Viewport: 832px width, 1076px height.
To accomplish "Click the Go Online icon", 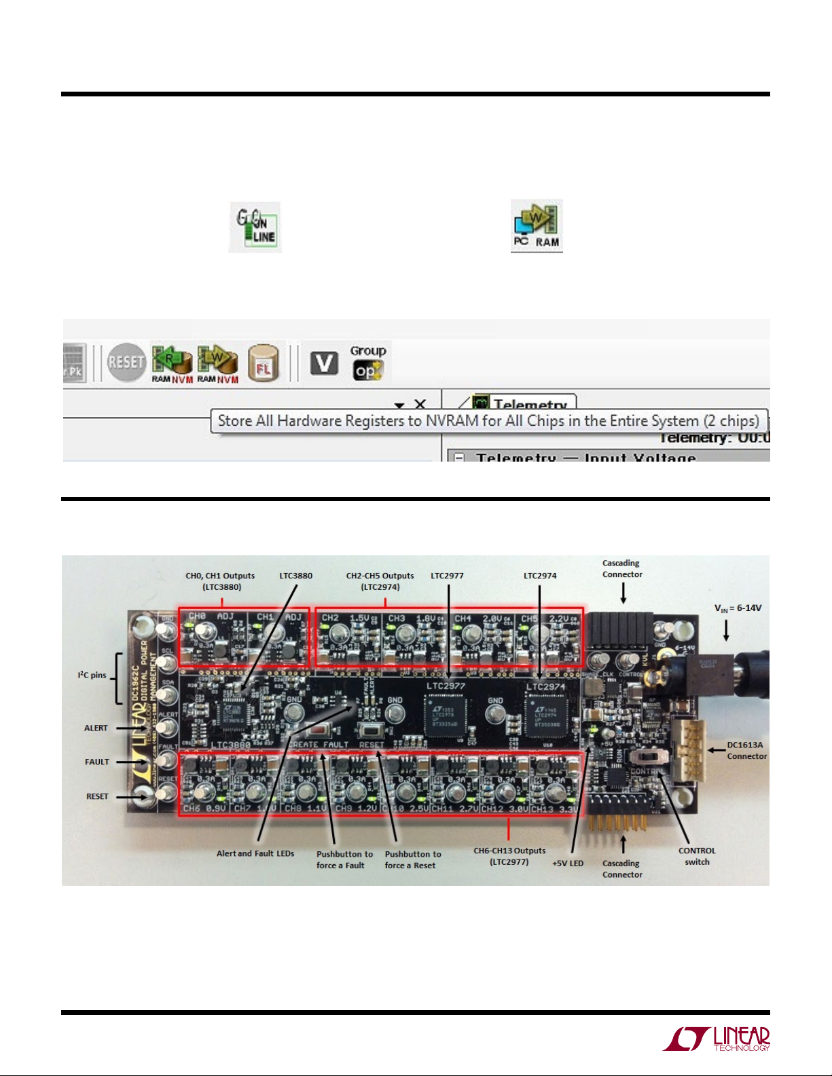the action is tap(255, 227).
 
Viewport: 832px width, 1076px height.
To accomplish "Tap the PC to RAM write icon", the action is tap(537, 226).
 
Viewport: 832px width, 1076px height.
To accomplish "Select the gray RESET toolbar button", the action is tap(126, 362).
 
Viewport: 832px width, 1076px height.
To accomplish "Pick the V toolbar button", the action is tap(324, 363).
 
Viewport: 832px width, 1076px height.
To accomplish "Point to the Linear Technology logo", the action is tap(717, 1039).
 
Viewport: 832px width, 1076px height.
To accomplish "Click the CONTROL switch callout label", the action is tap(697, 856).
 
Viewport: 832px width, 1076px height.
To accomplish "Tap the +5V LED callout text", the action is tap(568, 864).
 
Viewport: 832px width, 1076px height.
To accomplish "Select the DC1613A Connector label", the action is tap(746, 750).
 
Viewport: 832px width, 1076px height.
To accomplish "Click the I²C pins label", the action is tap(92, 675).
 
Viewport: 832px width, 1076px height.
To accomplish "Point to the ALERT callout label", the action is tap(96, 728).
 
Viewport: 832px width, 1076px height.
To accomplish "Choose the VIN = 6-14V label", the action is tap(738, 608).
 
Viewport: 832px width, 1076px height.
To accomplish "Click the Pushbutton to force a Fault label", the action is tap(344, 859).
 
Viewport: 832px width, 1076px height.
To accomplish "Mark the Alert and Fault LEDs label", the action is tap(255, 853).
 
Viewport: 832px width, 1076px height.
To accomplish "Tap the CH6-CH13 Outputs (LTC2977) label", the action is tap(509, 856).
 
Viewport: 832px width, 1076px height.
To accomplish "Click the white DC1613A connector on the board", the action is tap(689, 749).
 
